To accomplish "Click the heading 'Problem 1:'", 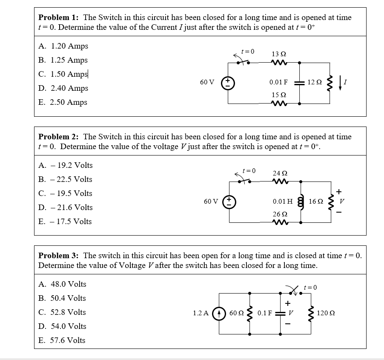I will point(59,17).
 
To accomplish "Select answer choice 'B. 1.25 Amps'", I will point(63,60).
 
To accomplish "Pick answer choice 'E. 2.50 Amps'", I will point(63,102).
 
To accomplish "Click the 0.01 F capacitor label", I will point(278,82).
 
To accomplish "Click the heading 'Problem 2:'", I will point(59,137).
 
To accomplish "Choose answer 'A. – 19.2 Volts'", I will point(66,165).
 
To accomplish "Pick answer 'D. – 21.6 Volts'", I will point(66,207).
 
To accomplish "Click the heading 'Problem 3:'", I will point(59,256).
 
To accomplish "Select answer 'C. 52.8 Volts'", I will point(62,312).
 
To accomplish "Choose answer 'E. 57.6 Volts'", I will point(62,340).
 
